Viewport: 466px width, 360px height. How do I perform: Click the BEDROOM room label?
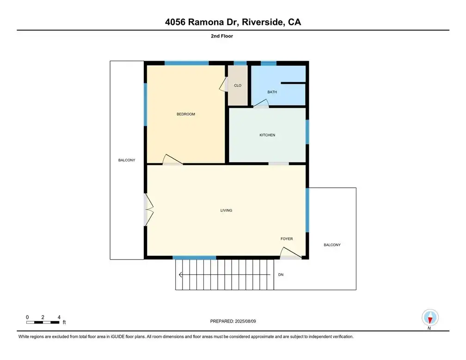point(186,114)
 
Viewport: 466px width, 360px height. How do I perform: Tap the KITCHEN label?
point(267,135)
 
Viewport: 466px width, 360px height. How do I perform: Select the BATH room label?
point(272,92)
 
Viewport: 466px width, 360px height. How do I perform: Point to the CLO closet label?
point(238,86)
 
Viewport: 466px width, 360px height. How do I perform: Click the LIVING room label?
point(226,211)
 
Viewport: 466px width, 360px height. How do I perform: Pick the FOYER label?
point(287,239)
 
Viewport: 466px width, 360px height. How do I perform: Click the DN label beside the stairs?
point(281,274)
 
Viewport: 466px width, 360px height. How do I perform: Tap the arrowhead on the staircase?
point(180,274)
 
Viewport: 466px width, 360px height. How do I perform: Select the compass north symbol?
point(430,318)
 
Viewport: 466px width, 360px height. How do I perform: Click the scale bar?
point(43,322)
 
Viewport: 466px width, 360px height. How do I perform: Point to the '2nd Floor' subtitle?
point(222,36)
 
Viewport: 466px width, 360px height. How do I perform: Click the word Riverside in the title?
point(262,22)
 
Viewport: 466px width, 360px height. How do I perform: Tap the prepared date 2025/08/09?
point(245,321)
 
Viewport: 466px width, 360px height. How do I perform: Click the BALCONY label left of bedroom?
point(127,160)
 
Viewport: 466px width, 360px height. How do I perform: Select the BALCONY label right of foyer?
point(332,245)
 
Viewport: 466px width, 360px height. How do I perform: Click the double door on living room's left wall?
point(148,210)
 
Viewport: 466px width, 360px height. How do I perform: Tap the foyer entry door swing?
point(291,253)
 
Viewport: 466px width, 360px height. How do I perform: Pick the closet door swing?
point(223,84)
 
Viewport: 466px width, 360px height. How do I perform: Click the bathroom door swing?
point(261,103)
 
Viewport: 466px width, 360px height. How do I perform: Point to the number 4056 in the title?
point(175,22)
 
